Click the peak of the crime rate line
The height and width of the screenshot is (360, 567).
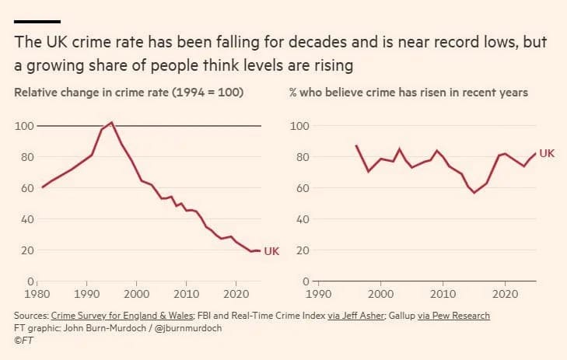112,123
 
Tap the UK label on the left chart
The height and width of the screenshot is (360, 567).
271,250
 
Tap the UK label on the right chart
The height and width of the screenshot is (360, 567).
547,153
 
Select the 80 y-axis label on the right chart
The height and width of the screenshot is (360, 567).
298,157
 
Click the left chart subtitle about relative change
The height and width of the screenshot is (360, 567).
129,93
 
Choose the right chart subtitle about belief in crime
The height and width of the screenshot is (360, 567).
408,93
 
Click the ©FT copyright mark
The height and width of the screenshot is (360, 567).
23,340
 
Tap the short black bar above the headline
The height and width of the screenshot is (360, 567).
37,21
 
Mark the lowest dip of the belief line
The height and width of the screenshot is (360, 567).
474,192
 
